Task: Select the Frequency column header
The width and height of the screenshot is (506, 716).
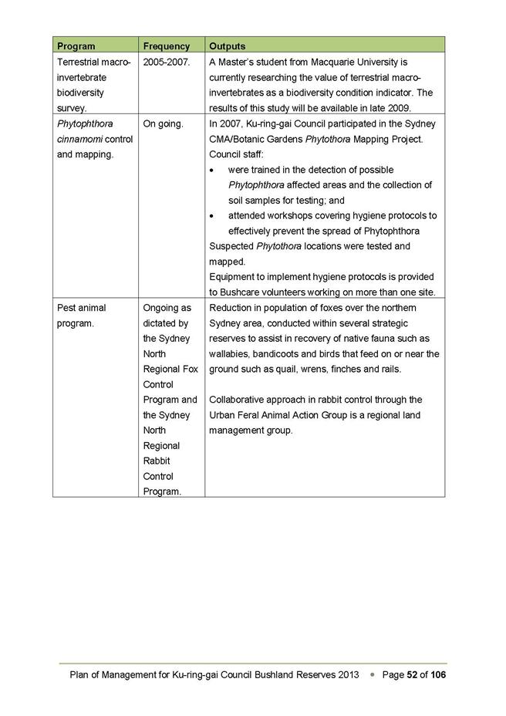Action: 167,46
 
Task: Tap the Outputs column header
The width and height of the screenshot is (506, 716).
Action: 228,46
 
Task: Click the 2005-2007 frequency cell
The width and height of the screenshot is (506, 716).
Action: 167,62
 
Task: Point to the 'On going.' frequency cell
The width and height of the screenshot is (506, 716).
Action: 164,123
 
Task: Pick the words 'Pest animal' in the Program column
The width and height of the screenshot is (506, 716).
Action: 82,308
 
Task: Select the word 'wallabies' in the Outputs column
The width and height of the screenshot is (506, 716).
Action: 230,353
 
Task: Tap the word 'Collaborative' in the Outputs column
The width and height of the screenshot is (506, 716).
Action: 238,400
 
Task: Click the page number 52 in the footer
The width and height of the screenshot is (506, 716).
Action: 413,675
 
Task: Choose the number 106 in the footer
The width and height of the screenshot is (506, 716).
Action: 438,675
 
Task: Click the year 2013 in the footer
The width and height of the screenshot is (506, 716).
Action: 349,675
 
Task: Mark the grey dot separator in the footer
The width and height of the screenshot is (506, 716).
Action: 373,675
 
